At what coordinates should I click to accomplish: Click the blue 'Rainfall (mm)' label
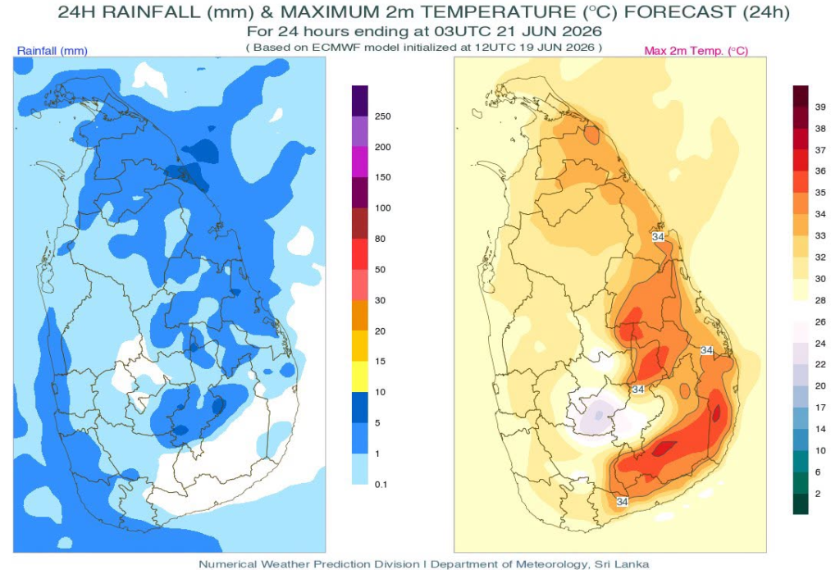(52, 51)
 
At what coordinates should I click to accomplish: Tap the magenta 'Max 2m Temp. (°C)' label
(696, 51)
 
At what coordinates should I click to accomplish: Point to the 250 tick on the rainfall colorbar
(382, 116)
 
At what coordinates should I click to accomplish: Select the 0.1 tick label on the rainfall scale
(381, 484)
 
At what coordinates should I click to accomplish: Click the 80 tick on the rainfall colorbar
(380, 239)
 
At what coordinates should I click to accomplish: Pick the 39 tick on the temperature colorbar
(820, 107)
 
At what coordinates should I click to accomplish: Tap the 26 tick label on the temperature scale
(820, 322)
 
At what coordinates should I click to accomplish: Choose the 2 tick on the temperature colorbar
(818, 494)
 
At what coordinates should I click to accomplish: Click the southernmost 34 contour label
(622, 502)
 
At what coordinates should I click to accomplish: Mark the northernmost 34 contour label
(658, 237)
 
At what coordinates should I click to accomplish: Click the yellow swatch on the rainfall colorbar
(360, 376)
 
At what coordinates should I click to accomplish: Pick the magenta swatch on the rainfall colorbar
(360, 162)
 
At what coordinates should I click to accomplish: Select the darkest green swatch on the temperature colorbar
(801, 504)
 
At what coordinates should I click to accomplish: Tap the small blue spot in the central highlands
(598, 415)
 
